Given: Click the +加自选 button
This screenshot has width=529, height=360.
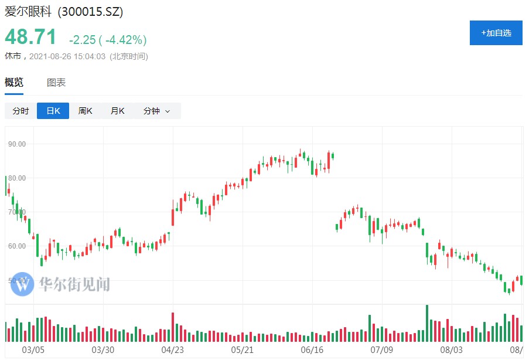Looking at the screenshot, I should pyautogui.click(x=496, y=33).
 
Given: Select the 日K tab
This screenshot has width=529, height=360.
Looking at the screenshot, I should pyautogui.click(x=53, y=111).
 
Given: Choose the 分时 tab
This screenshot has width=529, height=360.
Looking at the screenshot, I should pyautogui.click(x=21, y=111).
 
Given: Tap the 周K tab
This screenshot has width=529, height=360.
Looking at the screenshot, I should pyautogui.click(x=86, y=111).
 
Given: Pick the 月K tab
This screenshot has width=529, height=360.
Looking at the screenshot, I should pyautogui.click(x=118, y=111).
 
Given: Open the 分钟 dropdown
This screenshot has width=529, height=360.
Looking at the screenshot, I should pyautogui.click(x=156, y=111).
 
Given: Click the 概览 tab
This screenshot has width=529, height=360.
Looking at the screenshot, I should pyautogui.click(x=14, y=83).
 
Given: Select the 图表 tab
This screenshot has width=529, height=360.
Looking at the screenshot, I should pyautogui.click(x=56, y=83).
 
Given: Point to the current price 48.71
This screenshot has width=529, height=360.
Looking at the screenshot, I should pyautogui.click(x=31, y=37).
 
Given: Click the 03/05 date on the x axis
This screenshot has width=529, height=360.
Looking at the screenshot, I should pyautogui.click(x=33, y=350).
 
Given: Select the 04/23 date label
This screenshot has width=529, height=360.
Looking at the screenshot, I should pyautogui.click(x=172, y=350).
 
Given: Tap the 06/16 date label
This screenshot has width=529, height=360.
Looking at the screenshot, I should pyautogui.click(x=312, y=350).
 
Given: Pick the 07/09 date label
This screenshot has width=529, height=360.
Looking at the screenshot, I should pyautogui.click(x=381, y=350).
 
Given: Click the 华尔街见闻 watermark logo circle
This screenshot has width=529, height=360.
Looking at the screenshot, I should pyautogui.click(x=22, y=284).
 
